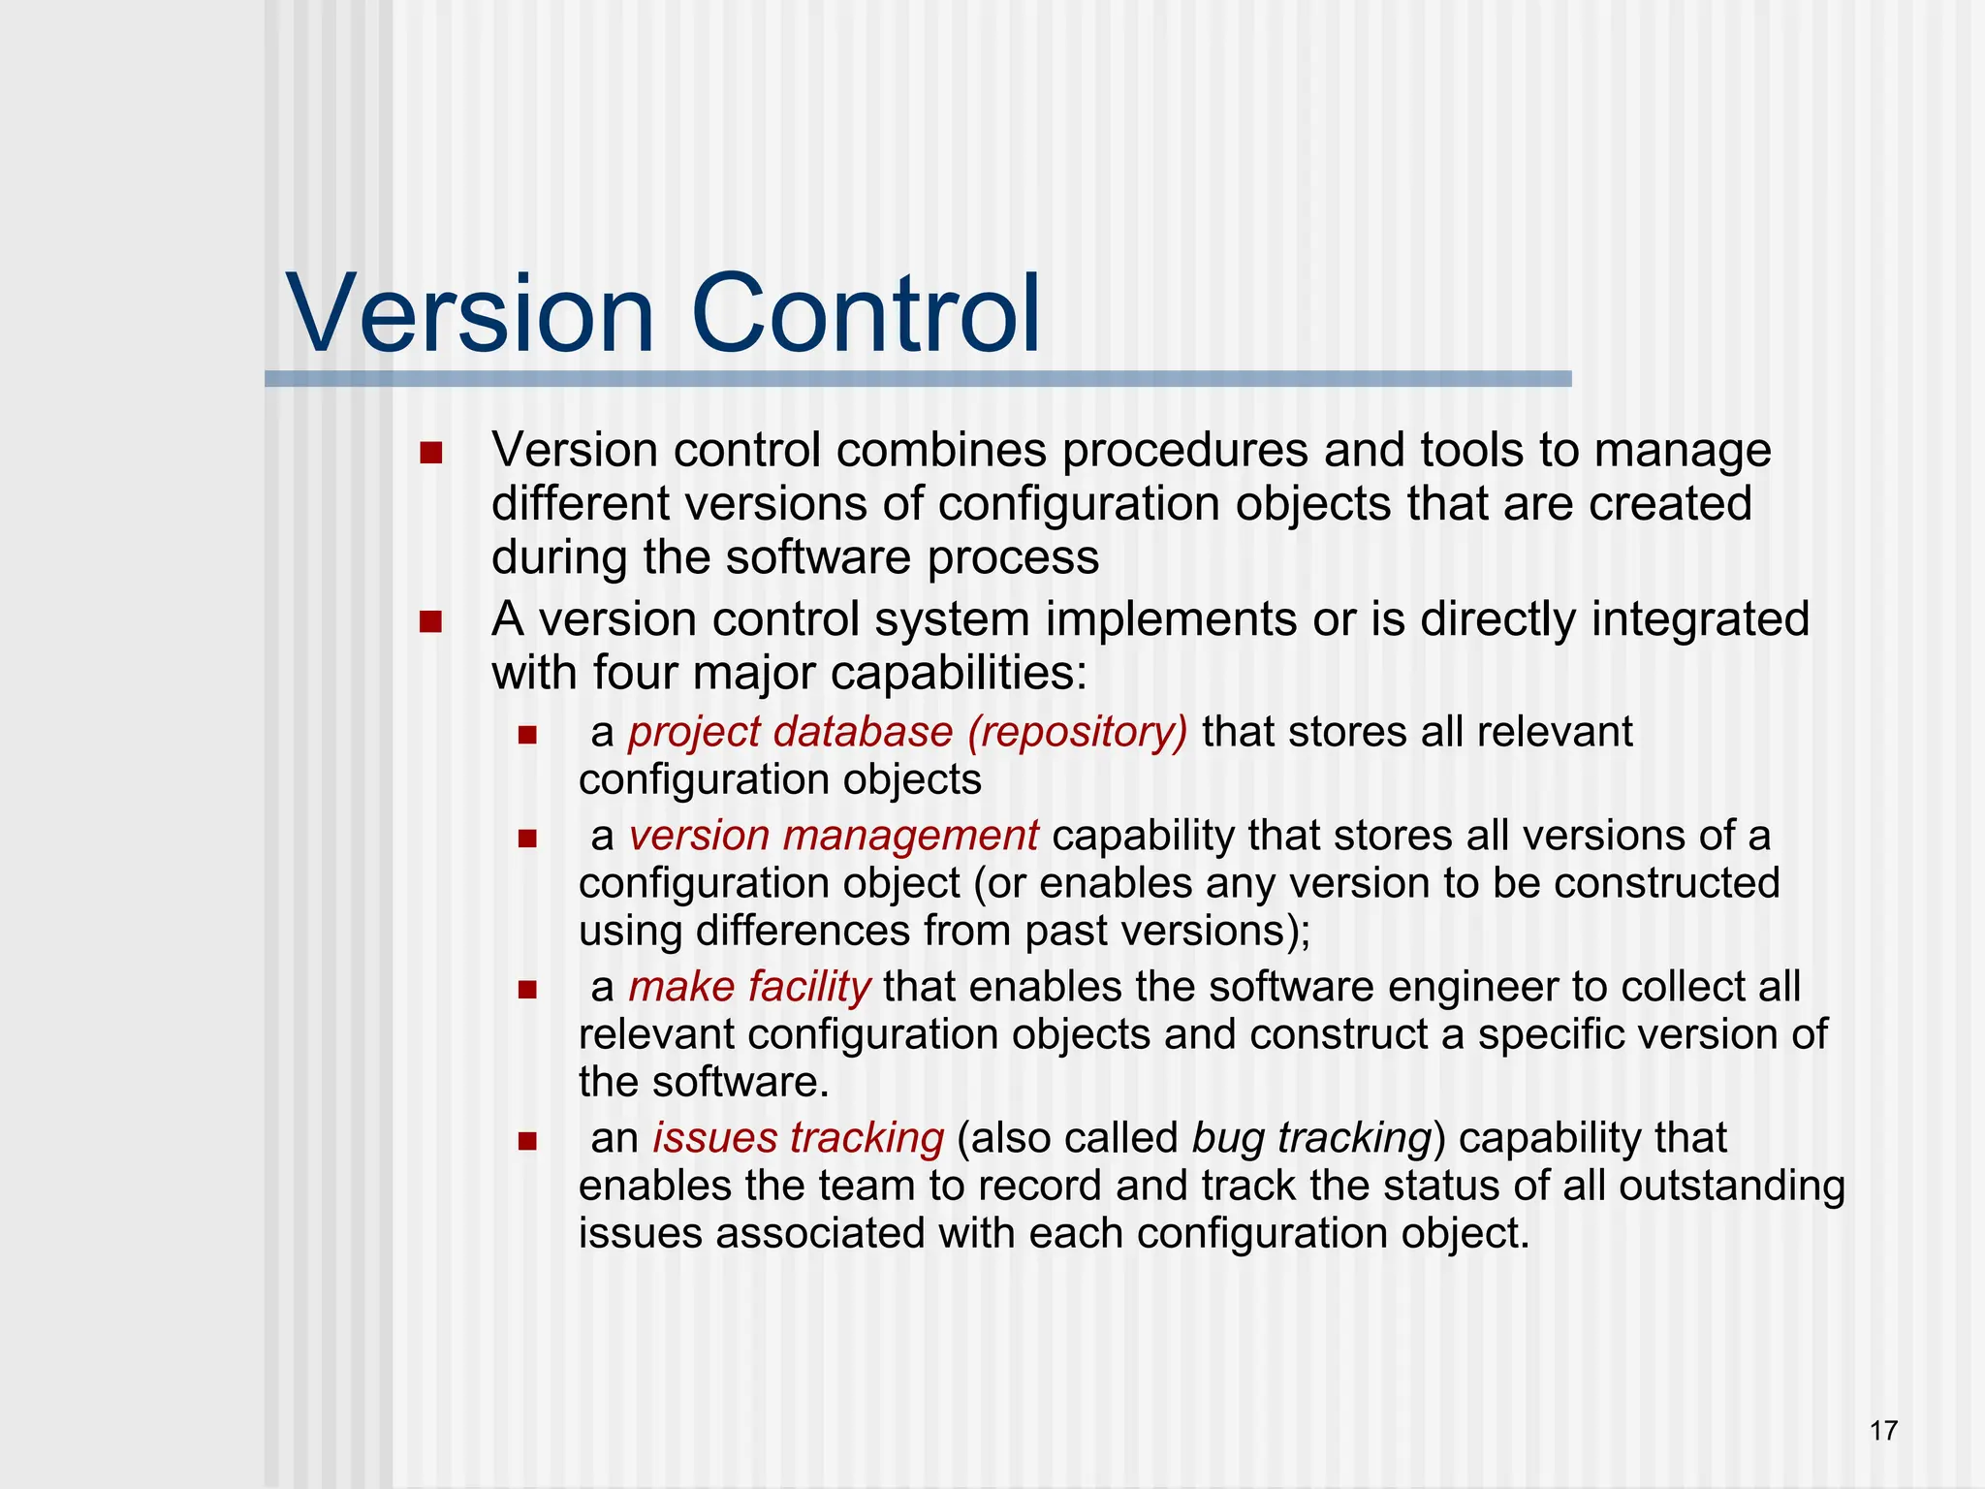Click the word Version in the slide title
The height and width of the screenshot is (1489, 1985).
tap(471, 314)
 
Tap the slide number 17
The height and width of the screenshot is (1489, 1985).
tap(1883, 1430)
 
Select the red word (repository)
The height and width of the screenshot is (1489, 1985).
tap(1077, 733)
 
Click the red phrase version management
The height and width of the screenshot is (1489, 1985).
tap(834, 836)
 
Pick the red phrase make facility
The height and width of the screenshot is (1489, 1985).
tap(749, 987)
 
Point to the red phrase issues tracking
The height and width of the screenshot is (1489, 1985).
tap(798, 1138)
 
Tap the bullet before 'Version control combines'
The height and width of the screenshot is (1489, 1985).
tap(431, 453)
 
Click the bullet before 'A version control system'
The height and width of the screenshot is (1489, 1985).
tap(431, 621)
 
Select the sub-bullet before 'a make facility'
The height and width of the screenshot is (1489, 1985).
tap(527, 990)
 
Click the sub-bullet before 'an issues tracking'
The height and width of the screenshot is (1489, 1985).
tap(527, 1141)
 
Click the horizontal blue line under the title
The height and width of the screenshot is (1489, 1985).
tap(918, 379)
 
